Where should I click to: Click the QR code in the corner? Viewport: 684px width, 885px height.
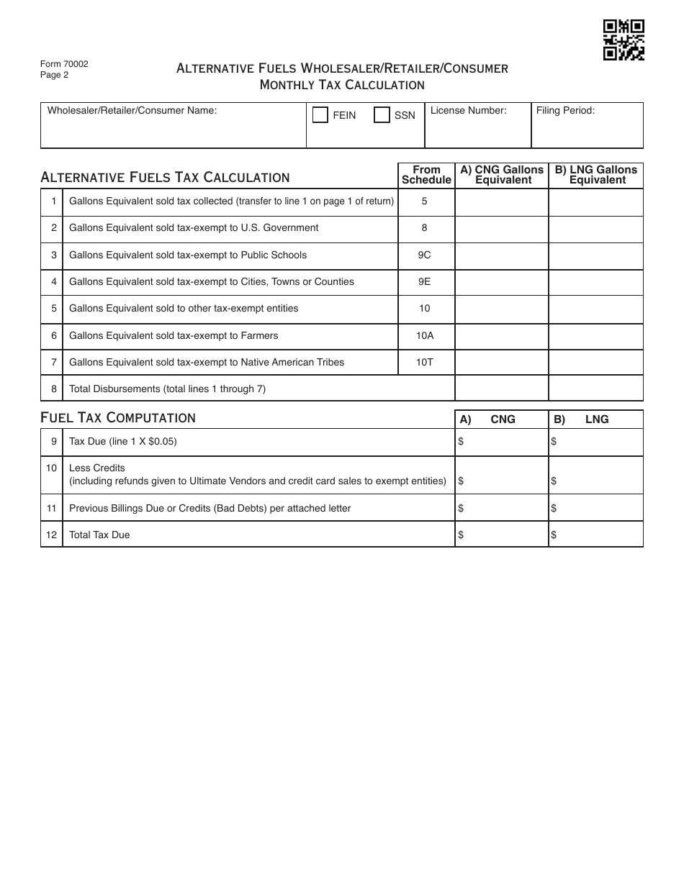(624, 40)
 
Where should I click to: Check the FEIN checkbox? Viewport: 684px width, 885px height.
(320, 115)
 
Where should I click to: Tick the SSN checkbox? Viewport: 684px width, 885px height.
(382, 115)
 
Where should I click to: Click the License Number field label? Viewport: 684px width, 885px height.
(469, 111)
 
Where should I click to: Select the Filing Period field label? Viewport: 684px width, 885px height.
(564, 111)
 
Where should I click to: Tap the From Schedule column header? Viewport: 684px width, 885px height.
(426, 175)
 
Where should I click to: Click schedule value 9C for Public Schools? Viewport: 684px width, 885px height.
(425, 255)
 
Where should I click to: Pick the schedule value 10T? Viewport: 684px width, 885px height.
(425, 362)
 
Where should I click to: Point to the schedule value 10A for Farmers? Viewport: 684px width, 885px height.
(425, 335)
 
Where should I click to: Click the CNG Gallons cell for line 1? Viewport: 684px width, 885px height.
(502, 201)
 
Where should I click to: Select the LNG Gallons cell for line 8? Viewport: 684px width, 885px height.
(595, 389)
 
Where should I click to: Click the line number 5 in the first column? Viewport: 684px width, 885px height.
(53, 308)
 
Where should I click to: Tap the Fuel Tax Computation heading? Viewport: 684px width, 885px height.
(118, 418)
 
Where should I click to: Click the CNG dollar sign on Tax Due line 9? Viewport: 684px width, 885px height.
(461, 442)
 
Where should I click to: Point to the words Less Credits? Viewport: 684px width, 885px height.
(97, 468)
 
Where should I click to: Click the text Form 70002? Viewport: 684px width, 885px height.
(64, 64)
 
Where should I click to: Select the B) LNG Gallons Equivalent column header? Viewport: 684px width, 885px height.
(595, 175)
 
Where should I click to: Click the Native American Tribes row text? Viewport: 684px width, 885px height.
(207, 362)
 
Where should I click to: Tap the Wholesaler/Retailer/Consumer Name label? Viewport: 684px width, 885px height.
(132, 111)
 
